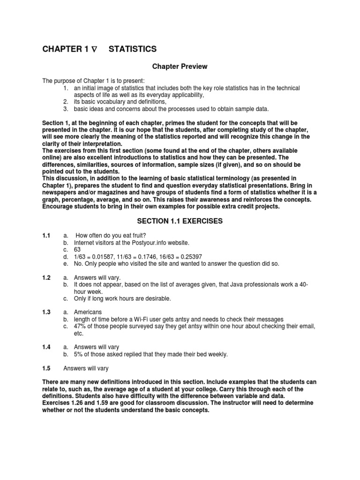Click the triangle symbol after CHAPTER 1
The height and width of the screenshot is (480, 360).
click(x=94, y=49)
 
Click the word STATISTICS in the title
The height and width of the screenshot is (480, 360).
click(x=133, y=49)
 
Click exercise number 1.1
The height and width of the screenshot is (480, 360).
click(x=46, y=235)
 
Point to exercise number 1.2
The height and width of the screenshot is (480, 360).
click(x=46, y=278)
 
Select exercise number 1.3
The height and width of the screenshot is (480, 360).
click(x=46, y=312)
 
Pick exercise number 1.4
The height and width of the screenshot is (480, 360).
click(x=46, y=347)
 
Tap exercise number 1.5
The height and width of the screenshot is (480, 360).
click(x=46, y=368)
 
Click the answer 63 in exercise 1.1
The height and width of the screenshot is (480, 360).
click(x=78, y=249)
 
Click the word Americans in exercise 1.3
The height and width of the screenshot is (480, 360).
click(x=88, y=312)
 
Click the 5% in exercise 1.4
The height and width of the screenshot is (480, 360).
click(x=79, y=354)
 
